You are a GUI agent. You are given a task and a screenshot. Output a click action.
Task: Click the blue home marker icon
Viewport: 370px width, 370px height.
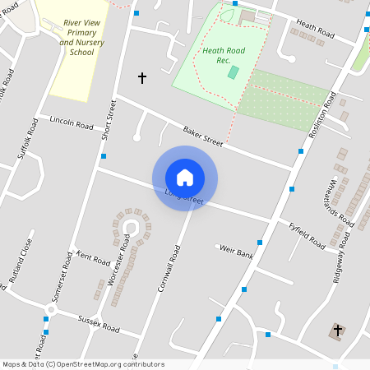pyautogui.click(x=185, y=178)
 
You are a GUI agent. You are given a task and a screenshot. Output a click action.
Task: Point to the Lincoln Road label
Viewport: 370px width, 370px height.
pyautogui.click(x=72, y=124)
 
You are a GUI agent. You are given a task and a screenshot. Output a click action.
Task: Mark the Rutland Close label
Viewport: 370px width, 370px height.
pyautogui.click(x=21, y=261)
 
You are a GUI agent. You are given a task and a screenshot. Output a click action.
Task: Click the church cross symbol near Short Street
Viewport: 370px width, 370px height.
pyautogui.click(x=141, y=78)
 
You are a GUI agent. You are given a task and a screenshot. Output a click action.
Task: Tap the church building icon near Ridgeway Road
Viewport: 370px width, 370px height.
pyautogui.click(x=337, y=331)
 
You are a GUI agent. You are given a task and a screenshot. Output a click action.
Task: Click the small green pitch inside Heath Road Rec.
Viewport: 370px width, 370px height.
pyautogui.click(x=234, y=72)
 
